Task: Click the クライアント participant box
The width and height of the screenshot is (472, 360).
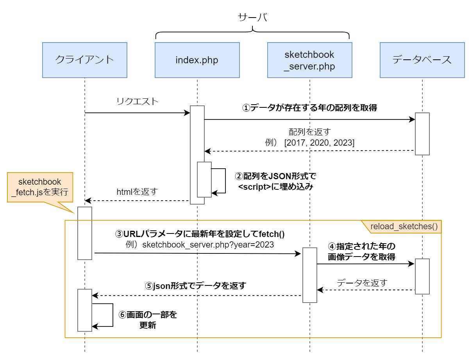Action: (84, 60)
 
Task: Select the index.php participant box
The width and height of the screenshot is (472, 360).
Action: (197, 60)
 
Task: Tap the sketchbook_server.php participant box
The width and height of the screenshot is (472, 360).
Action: (309, 60)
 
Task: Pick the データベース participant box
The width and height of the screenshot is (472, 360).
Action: (422, 60)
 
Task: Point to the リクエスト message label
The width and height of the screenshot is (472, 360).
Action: (138, 102)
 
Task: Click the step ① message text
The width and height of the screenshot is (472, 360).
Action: (309, 108)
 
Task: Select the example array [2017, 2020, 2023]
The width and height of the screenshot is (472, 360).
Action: (320, 143)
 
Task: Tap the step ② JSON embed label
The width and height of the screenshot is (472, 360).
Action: (276, 181)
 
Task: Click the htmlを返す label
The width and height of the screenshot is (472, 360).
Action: (137, 192)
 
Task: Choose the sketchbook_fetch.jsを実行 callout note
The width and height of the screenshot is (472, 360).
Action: (40, 187)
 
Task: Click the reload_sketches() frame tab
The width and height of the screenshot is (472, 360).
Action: (404, 226)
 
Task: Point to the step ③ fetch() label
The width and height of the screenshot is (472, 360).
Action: (199, 234)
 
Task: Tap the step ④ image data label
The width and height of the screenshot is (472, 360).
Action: (361, 252)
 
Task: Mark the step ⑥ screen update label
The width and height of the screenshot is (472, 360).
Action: (148, 320)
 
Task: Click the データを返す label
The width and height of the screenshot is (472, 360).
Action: (361, 283)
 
